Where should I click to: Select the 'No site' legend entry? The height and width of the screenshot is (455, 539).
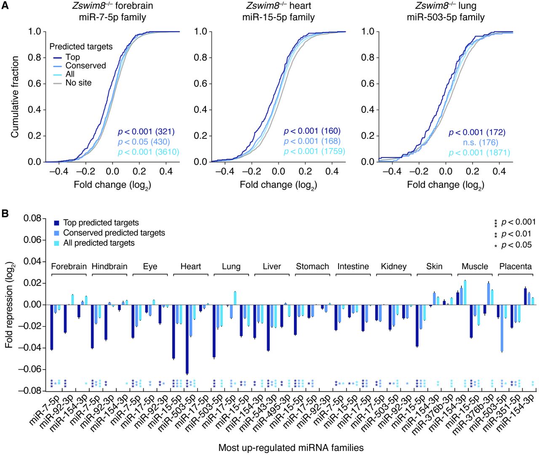tap(78, 83)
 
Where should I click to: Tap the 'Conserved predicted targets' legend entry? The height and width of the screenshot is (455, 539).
tap(114, 233)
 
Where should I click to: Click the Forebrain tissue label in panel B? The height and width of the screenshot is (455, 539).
tap(69, 266)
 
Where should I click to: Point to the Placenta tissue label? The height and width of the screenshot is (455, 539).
tap(515, 266)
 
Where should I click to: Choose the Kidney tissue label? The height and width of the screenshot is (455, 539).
tap(394, 266)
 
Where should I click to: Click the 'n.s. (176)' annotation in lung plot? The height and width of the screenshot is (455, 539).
tap(480, 143)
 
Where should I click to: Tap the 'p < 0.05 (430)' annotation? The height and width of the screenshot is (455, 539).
tap(144, 142)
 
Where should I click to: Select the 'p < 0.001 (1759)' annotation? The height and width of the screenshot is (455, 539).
tap(314, 152)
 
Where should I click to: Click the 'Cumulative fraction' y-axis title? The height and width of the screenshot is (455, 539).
tap(15, 97)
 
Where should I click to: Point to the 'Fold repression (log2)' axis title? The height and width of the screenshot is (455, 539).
tap(9, 305)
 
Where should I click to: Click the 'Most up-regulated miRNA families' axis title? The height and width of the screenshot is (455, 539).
tap(291, 448)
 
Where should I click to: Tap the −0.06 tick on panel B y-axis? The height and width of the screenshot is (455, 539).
tap(32, 369)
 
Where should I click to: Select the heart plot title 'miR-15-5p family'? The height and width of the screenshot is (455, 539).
tap(278, 17)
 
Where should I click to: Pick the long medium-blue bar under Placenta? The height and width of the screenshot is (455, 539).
tap(502, 328)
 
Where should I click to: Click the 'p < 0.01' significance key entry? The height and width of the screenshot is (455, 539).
tap(516, 234)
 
